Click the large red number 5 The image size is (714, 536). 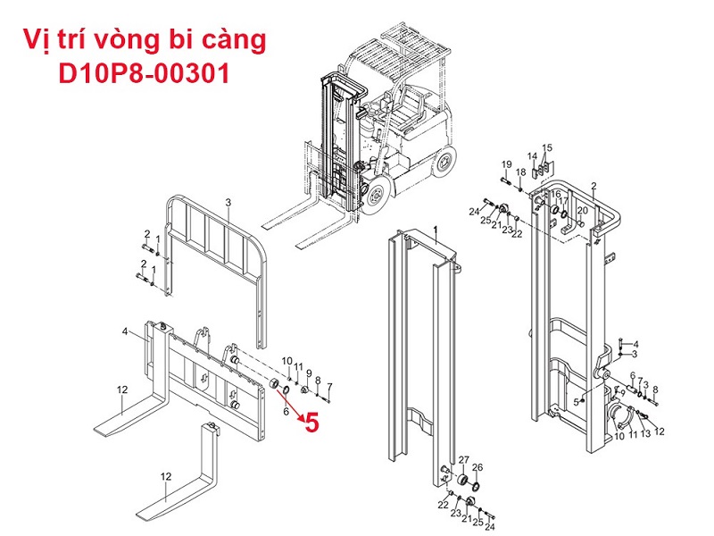pos(312,423)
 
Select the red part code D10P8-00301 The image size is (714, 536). pos(144,73)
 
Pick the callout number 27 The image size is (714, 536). pos(463,460)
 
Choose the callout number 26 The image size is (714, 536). pos(477,467)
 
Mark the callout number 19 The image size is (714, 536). pos(507,164)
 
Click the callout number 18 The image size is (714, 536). pos(521,172)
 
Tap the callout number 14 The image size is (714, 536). pos(532,156)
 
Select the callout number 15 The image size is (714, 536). pos(547,147)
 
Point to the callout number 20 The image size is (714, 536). pos(583,210)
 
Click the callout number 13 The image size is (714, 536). pos(645,433)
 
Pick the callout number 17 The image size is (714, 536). pos(563,200)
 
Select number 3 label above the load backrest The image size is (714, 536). pos(228,202)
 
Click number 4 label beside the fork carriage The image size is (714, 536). pos(125,331)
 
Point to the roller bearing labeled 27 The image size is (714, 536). pos(463,480)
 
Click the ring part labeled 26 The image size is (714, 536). pos(477,486)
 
